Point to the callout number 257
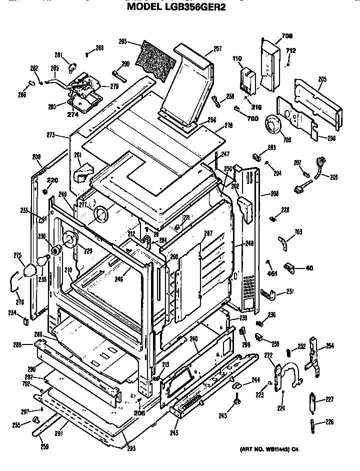pos(217,49)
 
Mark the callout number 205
pos(322,78)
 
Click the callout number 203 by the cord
pos(334,176)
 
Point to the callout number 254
pos(330,345)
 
